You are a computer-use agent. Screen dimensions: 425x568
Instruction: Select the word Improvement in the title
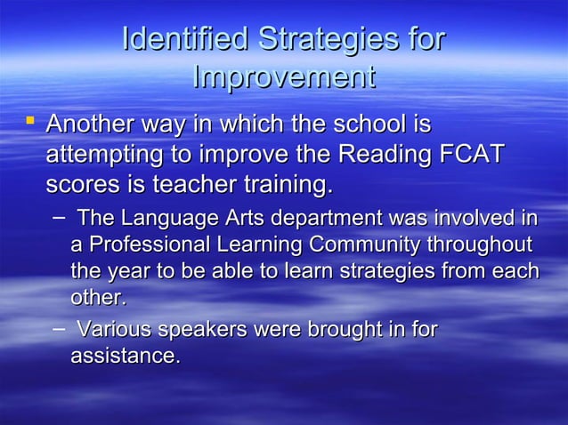(283, 77)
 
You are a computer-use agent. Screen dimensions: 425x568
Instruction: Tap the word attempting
(106, 156)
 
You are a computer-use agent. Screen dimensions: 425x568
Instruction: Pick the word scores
(84, 187)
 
